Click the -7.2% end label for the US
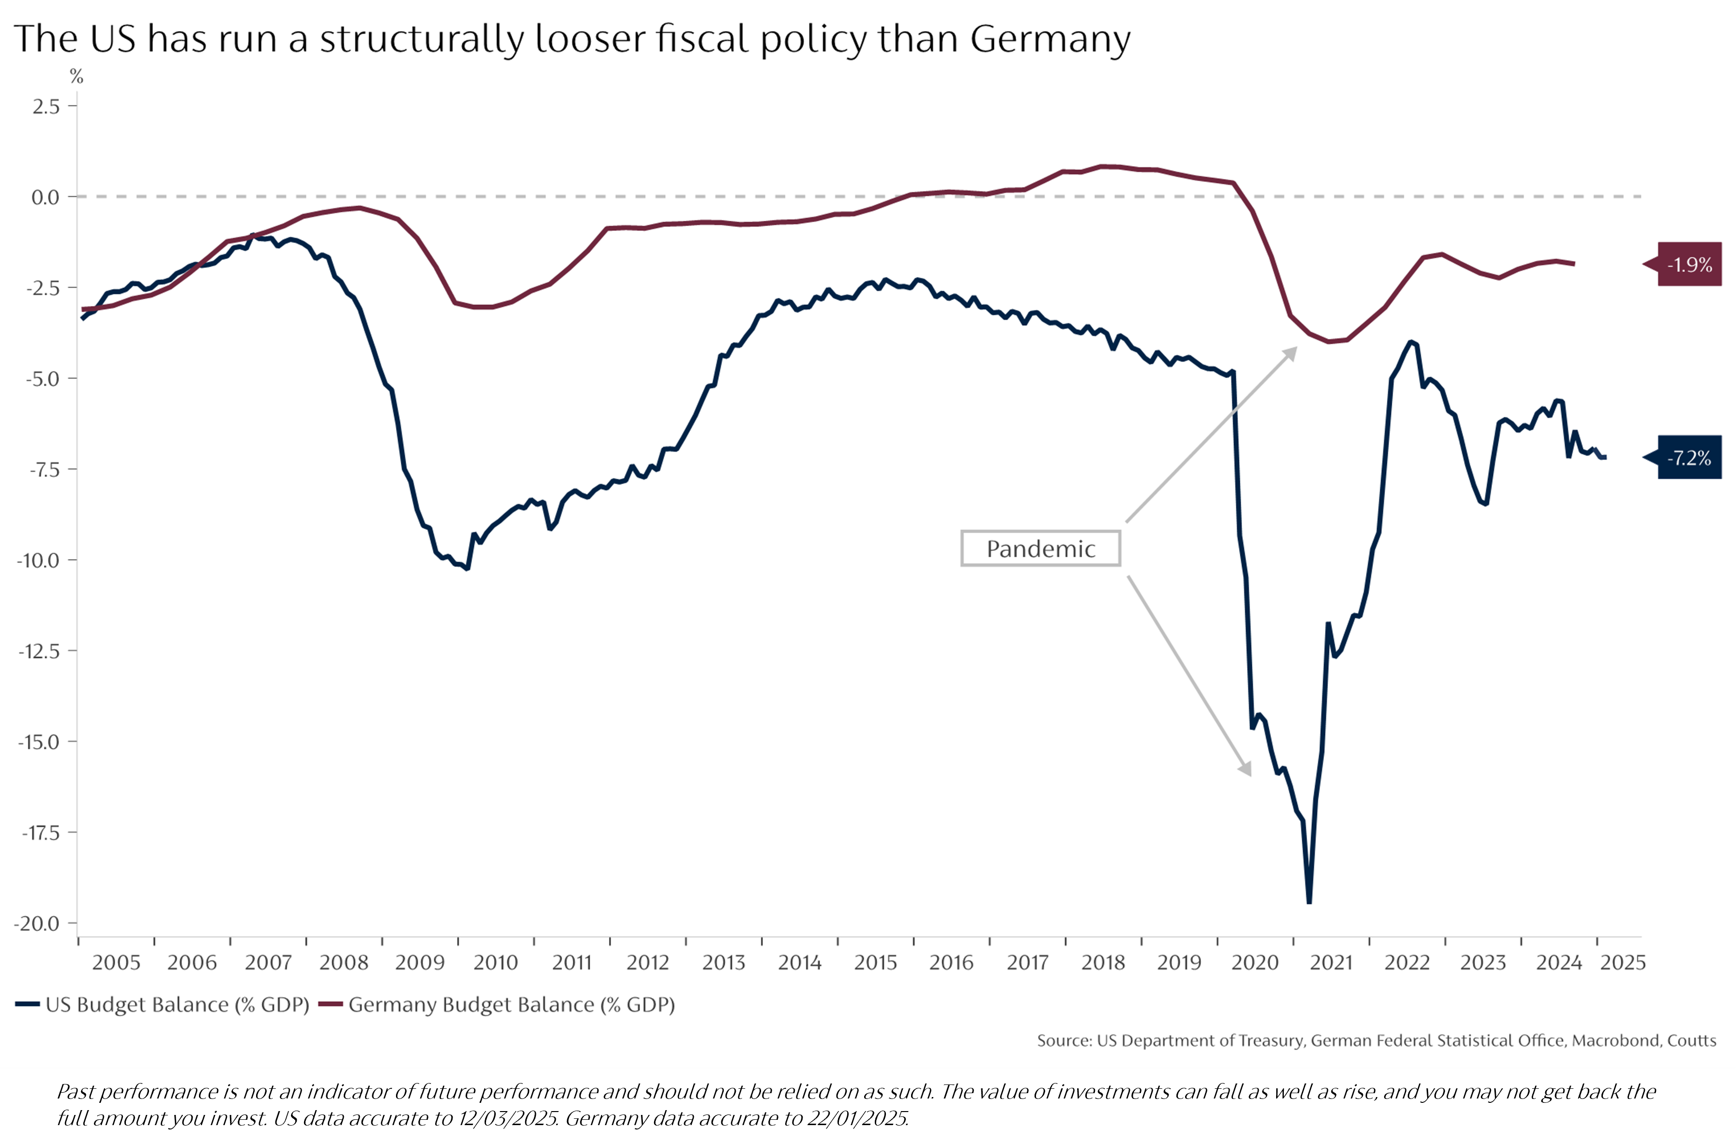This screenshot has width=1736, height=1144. click(x=1690, y=458)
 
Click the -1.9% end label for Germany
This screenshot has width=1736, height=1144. click(x=1690, y=264)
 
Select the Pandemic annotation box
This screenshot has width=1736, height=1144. click(x=1040, y=549)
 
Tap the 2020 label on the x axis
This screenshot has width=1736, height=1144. click(x=1255, y=962)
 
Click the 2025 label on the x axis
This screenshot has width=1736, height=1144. click(x=1622, y=962)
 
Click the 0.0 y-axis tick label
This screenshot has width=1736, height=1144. click(x=45, y=197)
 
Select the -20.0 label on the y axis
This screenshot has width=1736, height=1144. click(x=36, y=924)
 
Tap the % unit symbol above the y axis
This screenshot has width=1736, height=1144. click(x=76, y=76)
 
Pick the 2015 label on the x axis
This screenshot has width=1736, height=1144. click(x=875, y=962)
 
